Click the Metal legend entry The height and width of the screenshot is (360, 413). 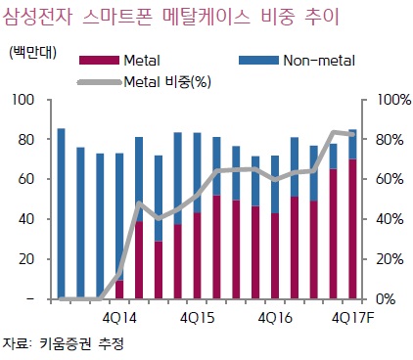pyautogui.click(x=139, y=61)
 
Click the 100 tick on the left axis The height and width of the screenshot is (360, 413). pyautogui.click(x=24, y=100)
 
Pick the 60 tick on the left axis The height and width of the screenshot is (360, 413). pyautogui.click(x=27, y=179)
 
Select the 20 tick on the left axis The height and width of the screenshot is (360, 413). pyautogui.click(x=27, y=258)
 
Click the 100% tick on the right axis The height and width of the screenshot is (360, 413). pyautogui.click(x=385, y=100)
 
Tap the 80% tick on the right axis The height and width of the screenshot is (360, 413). pyautogui.click(x=382, y=139)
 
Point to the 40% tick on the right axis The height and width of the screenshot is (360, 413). pyautogui.click(x=382, y=219)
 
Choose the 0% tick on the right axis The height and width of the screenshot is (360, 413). pyautogui.click(x=379, y=298)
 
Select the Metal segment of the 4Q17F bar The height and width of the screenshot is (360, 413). pyautogui.click(x=351, y=229)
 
